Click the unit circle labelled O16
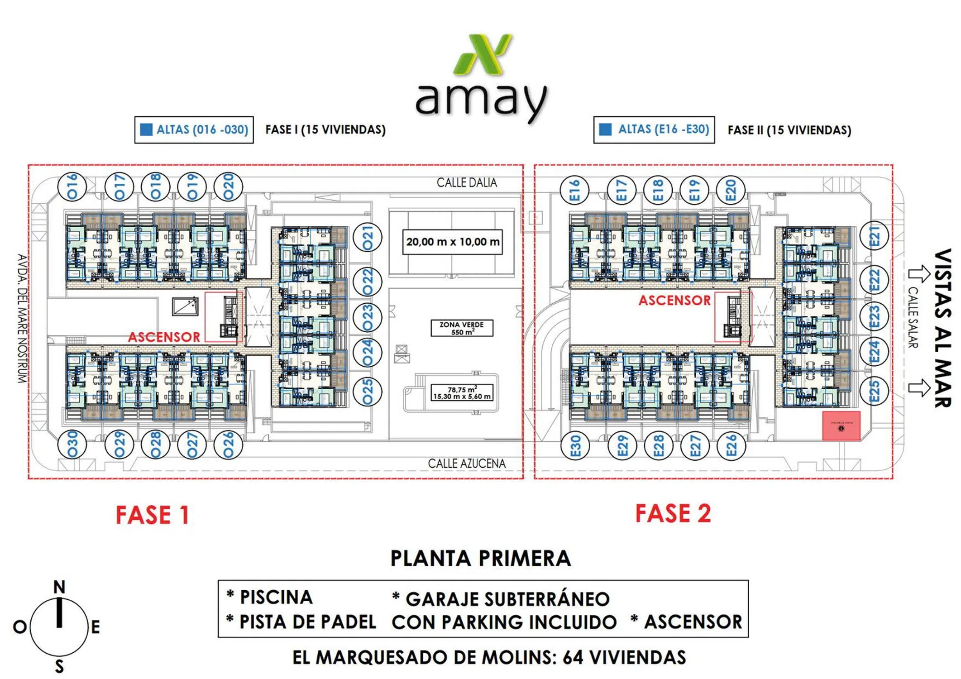pos(72,187)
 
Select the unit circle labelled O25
pos(368,391)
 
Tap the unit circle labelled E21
pos(874,236)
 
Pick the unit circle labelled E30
pos(575,446)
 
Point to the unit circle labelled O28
pos(155,445)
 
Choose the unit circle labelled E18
pos(658,190)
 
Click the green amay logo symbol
pos(483,55)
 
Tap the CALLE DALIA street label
pos(467,182)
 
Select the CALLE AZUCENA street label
pos(467,464)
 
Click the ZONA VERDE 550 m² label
pos(462,328)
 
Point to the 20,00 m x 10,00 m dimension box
pos(453,242)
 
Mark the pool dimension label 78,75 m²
pos(462,393)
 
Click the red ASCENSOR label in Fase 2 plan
pos(674,300)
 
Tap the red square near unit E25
pos(841,426)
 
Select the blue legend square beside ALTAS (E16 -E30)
pos(605,129)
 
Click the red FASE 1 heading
pos(152,515)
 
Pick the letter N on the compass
pos(59,587)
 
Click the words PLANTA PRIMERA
pos(481,558)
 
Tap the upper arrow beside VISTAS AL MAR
pos(919,273)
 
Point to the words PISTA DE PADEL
pos(308,622)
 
